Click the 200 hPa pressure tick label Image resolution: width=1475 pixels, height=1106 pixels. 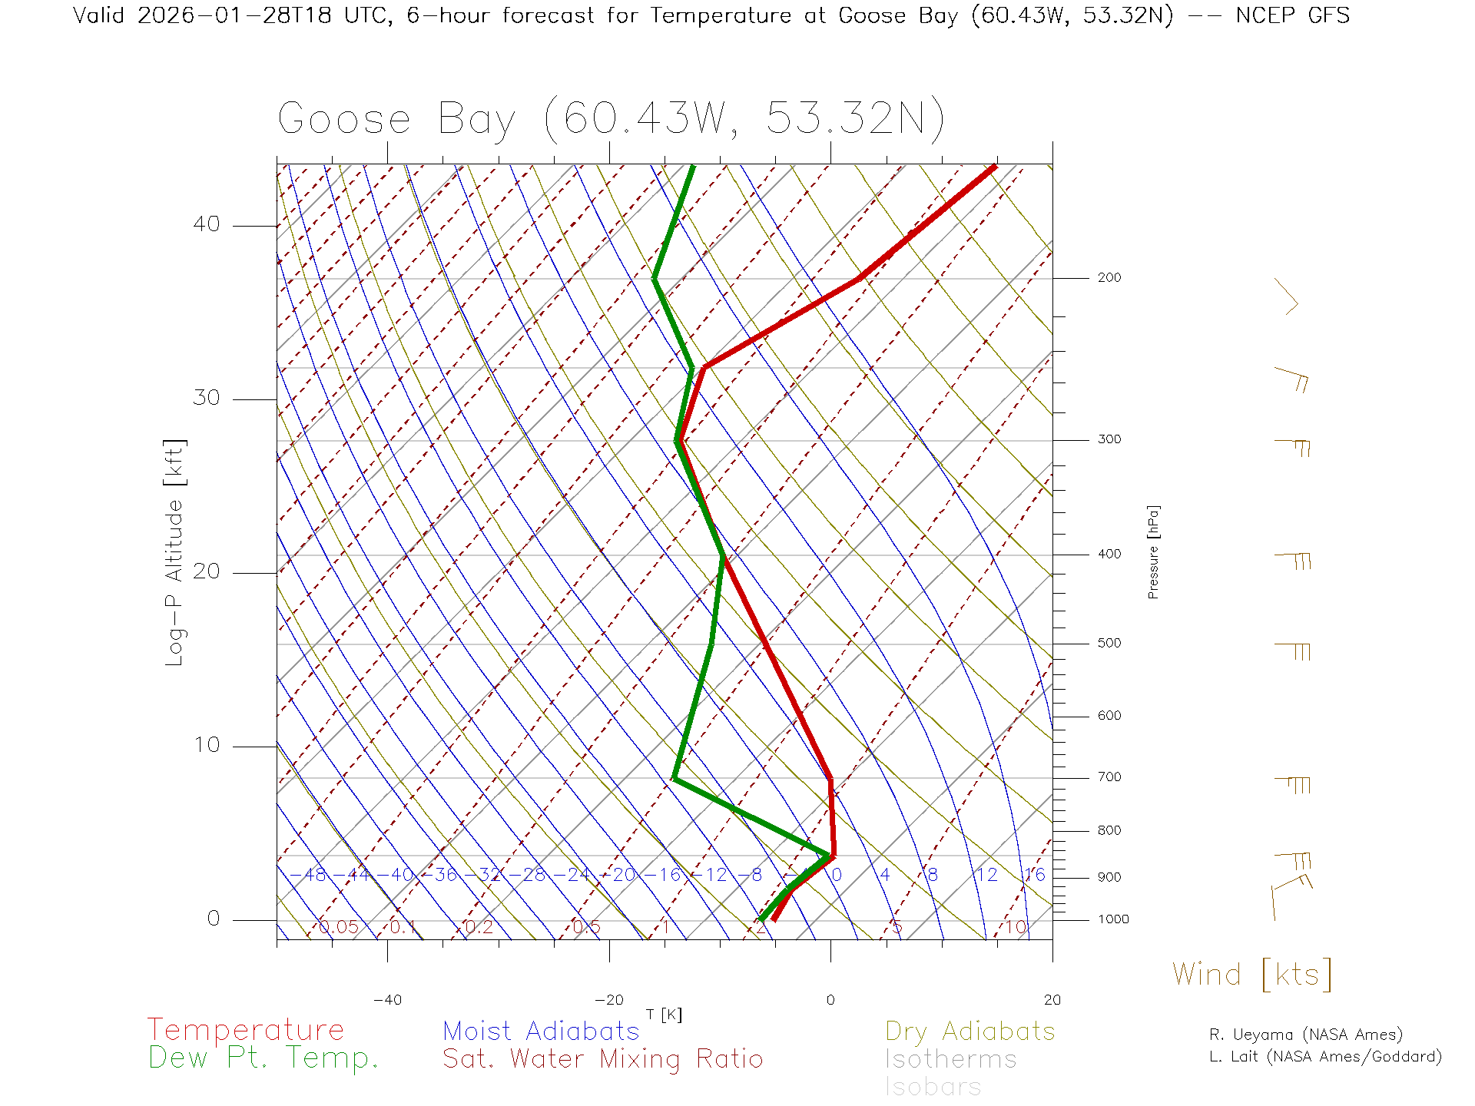(1109, 278)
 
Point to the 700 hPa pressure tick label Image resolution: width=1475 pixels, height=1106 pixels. (1109, 777)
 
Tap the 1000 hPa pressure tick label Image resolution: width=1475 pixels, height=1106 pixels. (1113, 919)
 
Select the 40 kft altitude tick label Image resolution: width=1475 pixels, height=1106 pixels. (206, 224)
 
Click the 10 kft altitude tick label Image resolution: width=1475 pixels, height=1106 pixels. (206, 745)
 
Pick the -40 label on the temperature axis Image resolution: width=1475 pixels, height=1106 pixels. (387, 1000)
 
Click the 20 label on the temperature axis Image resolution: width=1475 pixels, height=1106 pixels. (1052, 1000)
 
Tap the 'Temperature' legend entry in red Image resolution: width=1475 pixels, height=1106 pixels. (245, 1030)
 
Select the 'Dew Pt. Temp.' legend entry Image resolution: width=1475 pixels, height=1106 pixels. (264, 1058)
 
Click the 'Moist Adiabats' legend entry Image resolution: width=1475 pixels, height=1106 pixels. (541, 1031)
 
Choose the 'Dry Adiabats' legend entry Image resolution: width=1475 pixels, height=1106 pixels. (970, 1031)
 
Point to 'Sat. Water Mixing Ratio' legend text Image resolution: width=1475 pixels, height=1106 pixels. (602, 1059)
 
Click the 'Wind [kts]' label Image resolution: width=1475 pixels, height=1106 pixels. (1251, 975)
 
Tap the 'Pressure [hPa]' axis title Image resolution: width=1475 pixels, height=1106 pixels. (1153, 551)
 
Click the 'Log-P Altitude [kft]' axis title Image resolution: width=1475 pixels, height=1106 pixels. (175, 552)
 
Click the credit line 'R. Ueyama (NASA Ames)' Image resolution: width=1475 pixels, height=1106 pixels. (1305, 1035)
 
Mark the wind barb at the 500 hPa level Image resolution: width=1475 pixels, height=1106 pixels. (1293, 651)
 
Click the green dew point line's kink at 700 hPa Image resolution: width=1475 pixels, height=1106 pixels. (675, 779)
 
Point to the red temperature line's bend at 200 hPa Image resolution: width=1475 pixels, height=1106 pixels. (860, 278)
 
